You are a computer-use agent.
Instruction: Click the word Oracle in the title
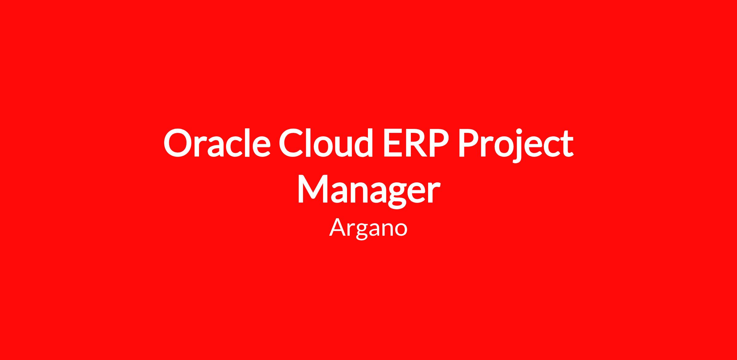tap(217, 142)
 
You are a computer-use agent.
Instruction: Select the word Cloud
tap(326, 142)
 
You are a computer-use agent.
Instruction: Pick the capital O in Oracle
tap(178, 143)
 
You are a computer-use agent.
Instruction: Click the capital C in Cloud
tap(292, 143)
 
